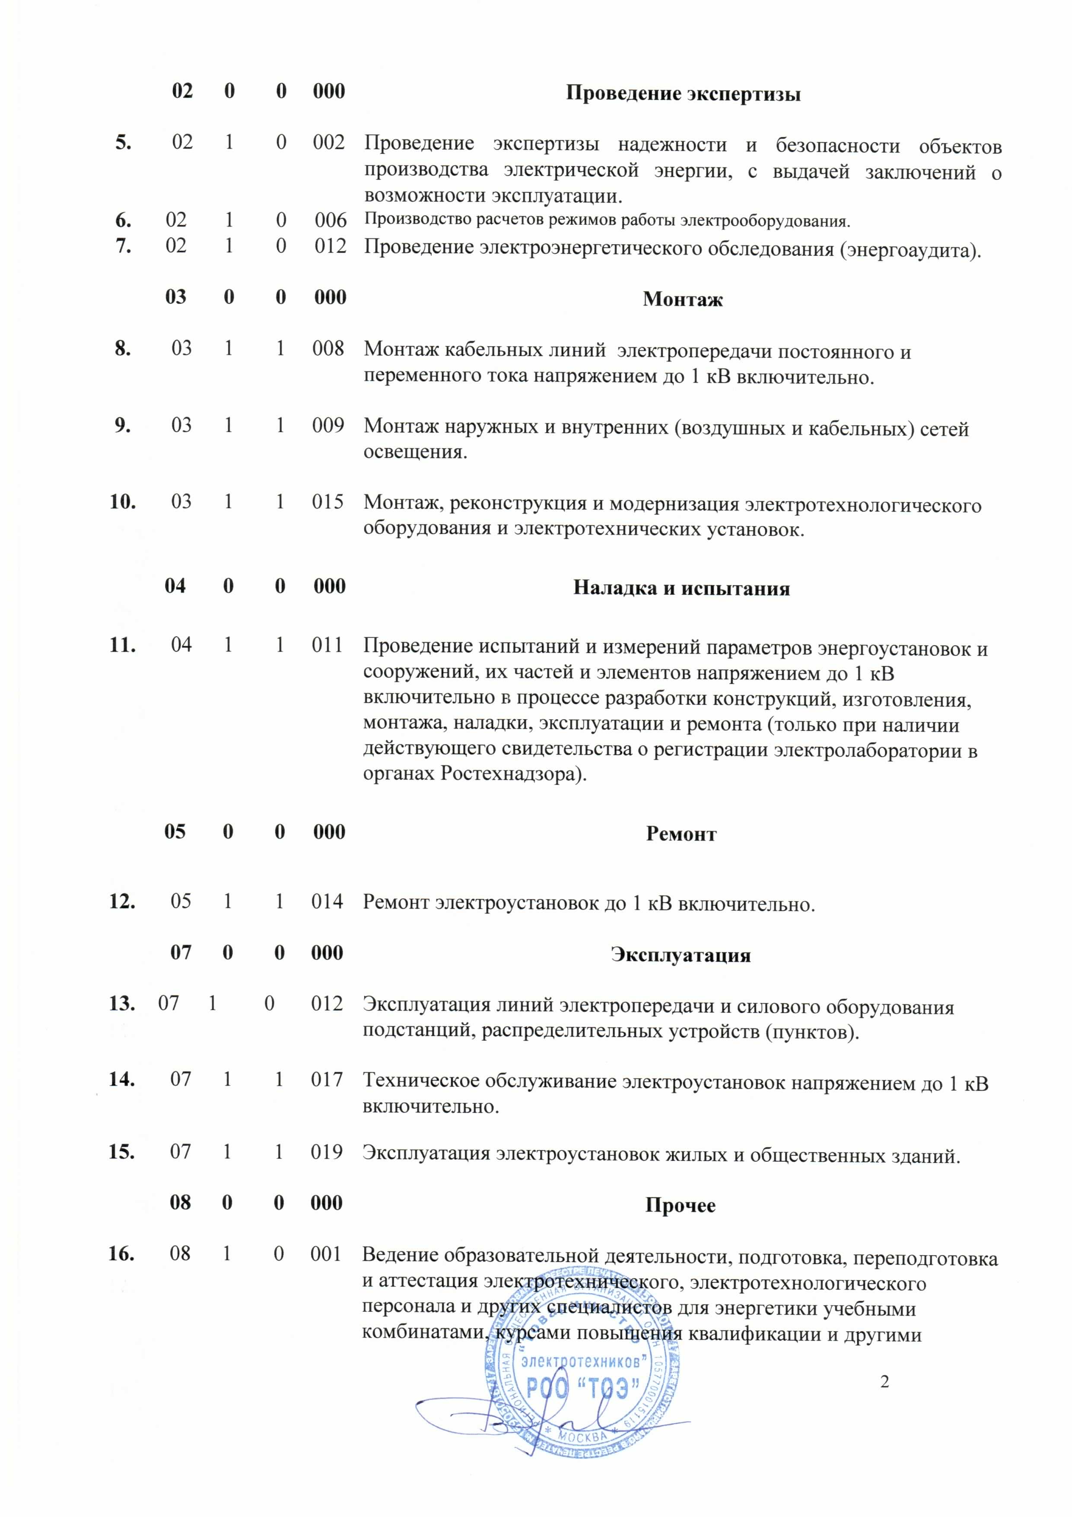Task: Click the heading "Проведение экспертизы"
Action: [683, 93]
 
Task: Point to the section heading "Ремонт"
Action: [681, 833]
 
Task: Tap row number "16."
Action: [122, 1253]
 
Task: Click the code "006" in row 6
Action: [330, 220]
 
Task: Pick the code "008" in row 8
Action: [328, 348]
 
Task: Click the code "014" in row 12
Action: [328, 901]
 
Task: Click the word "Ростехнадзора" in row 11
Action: [509, 774]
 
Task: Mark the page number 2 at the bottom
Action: [884, 1382]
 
